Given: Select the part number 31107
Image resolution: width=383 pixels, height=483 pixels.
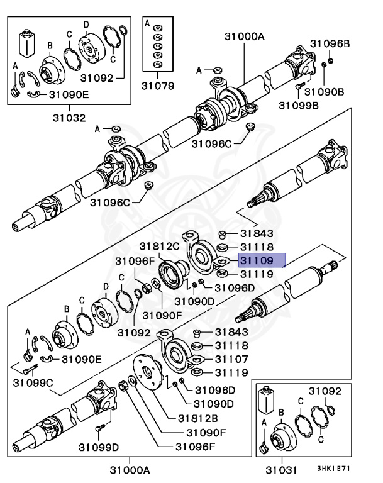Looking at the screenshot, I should tap(231, 359).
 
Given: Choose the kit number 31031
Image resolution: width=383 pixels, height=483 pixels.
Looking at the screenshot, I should tap(280, 469).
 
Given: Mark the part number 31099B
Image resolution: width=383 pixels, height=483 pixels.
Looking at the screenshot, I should tap(299, 104).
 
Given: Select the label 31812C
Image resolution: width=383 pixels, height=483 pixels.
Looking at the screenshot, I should tap(159, 246).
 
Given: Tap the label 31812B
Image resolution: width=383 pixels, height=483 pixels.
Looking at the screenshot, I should tap(179, 418).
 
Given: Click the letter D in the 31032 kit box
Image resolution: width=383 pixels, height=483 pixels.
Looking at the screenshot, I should tap(86, 24).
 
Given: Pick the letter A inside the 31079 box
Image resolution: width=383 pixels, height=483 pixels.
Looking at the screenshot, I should tap(148, 23).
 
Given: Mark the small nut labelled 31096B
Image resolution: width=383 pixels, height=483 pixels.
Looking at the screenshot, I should tap(331, 59).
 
